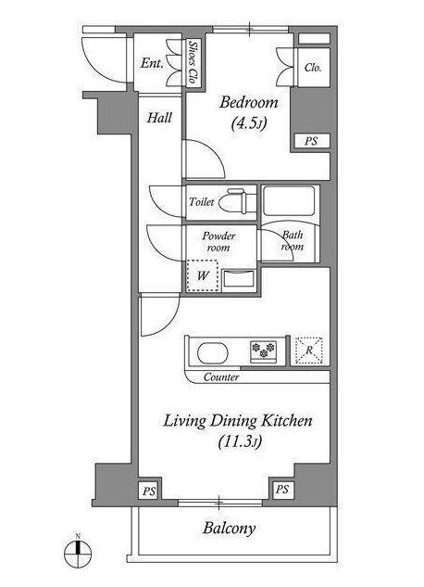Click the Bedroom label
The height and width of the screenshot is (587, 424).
(248, 102)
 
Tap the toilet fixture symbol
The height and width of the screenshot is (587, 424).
(232, 201)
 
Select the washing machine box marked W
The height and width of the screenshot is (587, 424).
(202, 276)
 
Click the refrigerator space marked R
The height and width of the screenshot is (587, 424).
(309, 351)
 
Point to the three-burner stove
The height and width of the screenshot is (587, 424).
(264, 351)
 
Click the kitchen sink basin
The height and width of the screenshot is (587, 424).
(213, 353)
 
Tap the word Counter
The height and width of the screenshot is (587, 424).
(221, 377)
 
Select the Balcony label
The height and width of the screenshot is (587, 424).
(230, 529)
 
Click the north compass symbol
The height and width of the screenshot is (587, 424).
(78, 553)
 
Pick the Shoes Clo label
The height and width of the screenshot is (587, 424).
(193, 62)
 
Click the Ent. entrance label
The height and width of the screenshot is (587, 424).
(152, 63)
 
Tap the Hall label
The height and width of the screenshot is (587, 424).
(159, 118)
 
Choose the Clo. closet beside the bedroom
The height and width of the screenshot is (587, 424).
(313, 68)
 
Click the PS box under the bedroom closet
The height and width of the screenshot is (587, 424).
(311, 141)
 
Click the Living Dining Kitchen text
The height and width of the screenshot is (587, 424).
(238, 421)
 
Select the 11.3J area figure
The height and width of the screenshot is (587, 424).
(240, 441)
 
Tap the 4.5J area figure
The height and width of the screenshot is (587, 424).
(249, 123)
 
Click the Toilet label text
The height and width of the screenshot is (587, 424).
(201, 202)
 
